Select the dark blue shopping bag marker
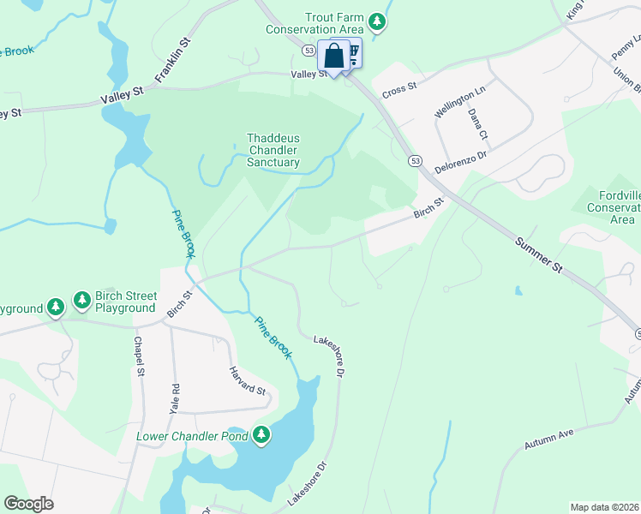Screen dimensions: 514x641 333,57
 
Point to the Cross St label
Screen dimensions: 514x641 398,87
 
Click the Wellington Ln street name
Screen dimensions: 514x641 459,101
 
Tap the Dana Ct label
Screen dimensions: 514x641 478,124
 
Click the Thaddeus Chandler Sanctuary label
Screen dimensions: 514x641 273,150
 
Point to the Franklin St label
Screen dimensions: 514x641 171,59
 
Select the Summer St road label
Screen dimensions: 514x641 539,255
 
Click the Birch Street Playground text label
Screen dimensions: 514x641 125,300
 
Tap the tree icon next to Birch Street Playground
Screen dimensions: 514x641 82,300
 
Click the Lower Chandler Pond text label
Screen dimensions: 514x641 192,437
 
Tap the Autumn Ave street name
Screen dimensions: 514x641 548,440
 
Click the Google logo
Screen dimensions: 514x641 28,504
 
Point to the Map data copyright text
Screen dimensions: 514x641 604,507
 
